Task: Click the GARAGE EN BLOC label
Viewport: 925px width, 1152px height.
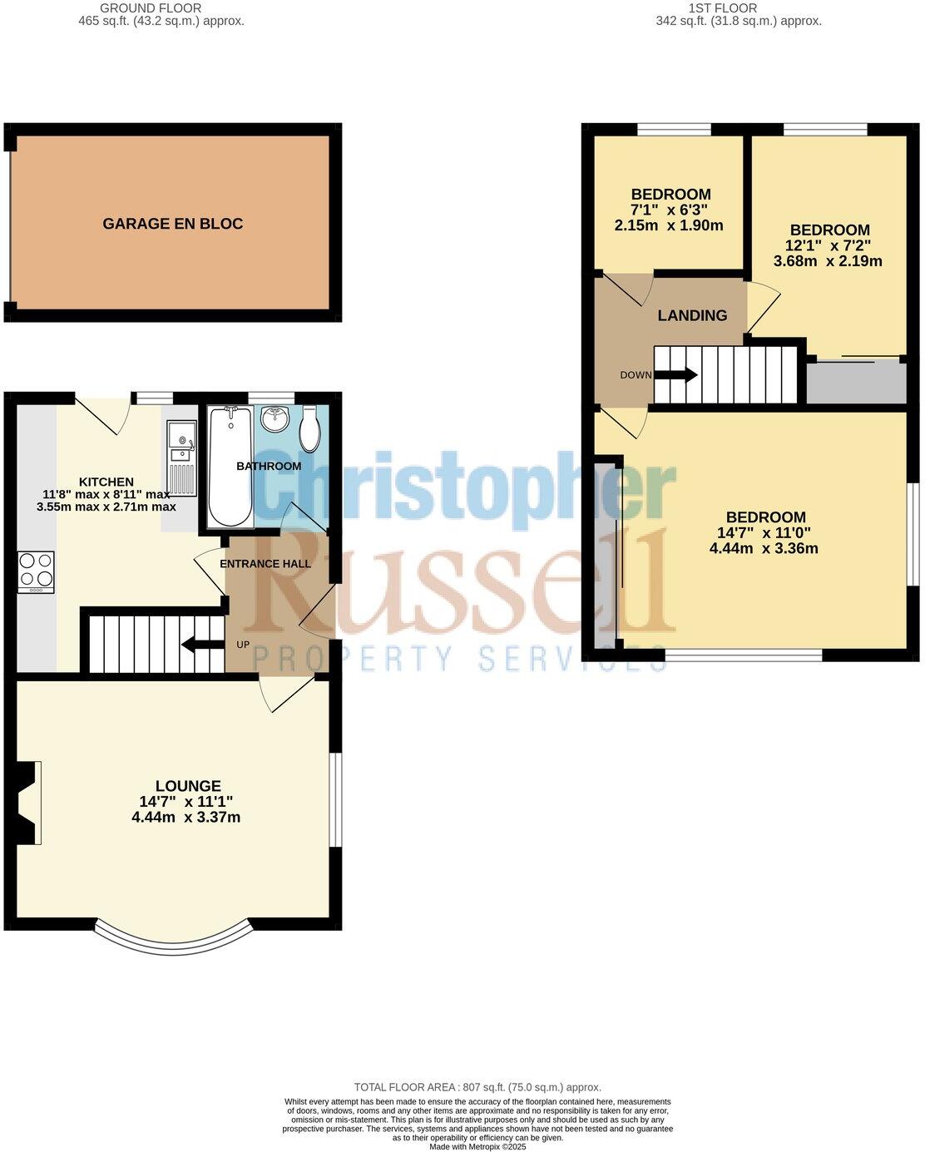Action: pos(172,223)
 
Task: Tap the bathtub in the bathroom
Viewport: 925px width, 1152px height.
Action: pos(230,467)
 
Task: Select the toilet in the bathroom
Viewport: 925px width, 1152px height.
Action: pos(309,428)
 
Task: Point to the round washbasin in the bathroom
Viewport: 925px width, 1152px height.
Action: pos(275,418)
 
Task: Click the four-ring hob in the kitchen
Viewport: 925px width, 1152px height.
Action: pos(36,571)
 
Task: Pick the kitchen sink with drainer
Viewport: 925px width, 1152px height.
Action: pos(182,457)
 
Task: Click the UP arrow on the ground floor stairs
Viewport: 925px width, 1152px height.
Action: pos(203,645)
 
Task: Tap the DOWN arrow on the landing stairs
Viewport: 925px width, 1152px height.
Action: pos(675,375)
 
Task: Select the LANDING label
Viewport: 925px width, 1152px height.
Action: pos(692,315)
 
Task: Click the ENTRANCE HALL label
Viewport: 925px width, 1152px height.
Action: pos(265,564)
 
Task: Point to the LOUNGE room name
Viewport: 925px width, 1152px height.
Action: pos(188,786)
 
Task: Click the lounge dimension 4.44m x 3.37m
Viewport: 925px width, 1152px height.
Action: pos(185,817)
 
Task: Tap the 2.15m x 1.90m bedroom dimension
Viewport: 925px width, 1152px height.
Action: pos(669,225)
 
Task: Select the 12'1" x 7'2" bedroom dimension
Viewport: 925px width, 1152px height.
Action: pos(829,245)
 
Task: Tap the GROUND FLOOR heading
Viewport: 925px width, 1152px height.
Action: pos(151,8)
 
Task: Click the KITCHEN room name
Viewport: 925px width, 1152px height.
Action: pos(106,482)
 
